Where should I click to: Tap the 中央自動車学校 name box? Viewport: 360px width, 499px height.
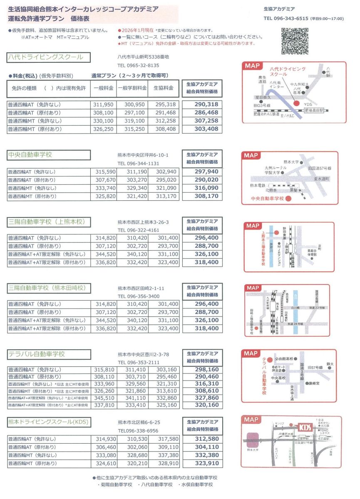(x=49, y=155)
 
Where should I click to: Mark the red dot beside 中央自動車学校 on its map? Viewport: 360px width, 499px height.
(x=288, y=198)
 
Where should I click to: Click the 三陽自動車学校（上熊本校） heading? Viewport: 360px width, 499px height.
(x=49, y=222)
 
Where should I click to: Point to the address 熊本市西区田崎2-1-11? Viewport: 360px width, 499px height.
(x=141, y=288)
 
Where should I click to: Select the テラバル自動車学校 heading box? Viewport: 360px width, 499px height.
(x=49, y=354)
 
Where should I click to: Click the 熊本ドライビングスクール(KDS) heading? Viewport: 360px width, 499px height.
(x=49, y=422)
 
